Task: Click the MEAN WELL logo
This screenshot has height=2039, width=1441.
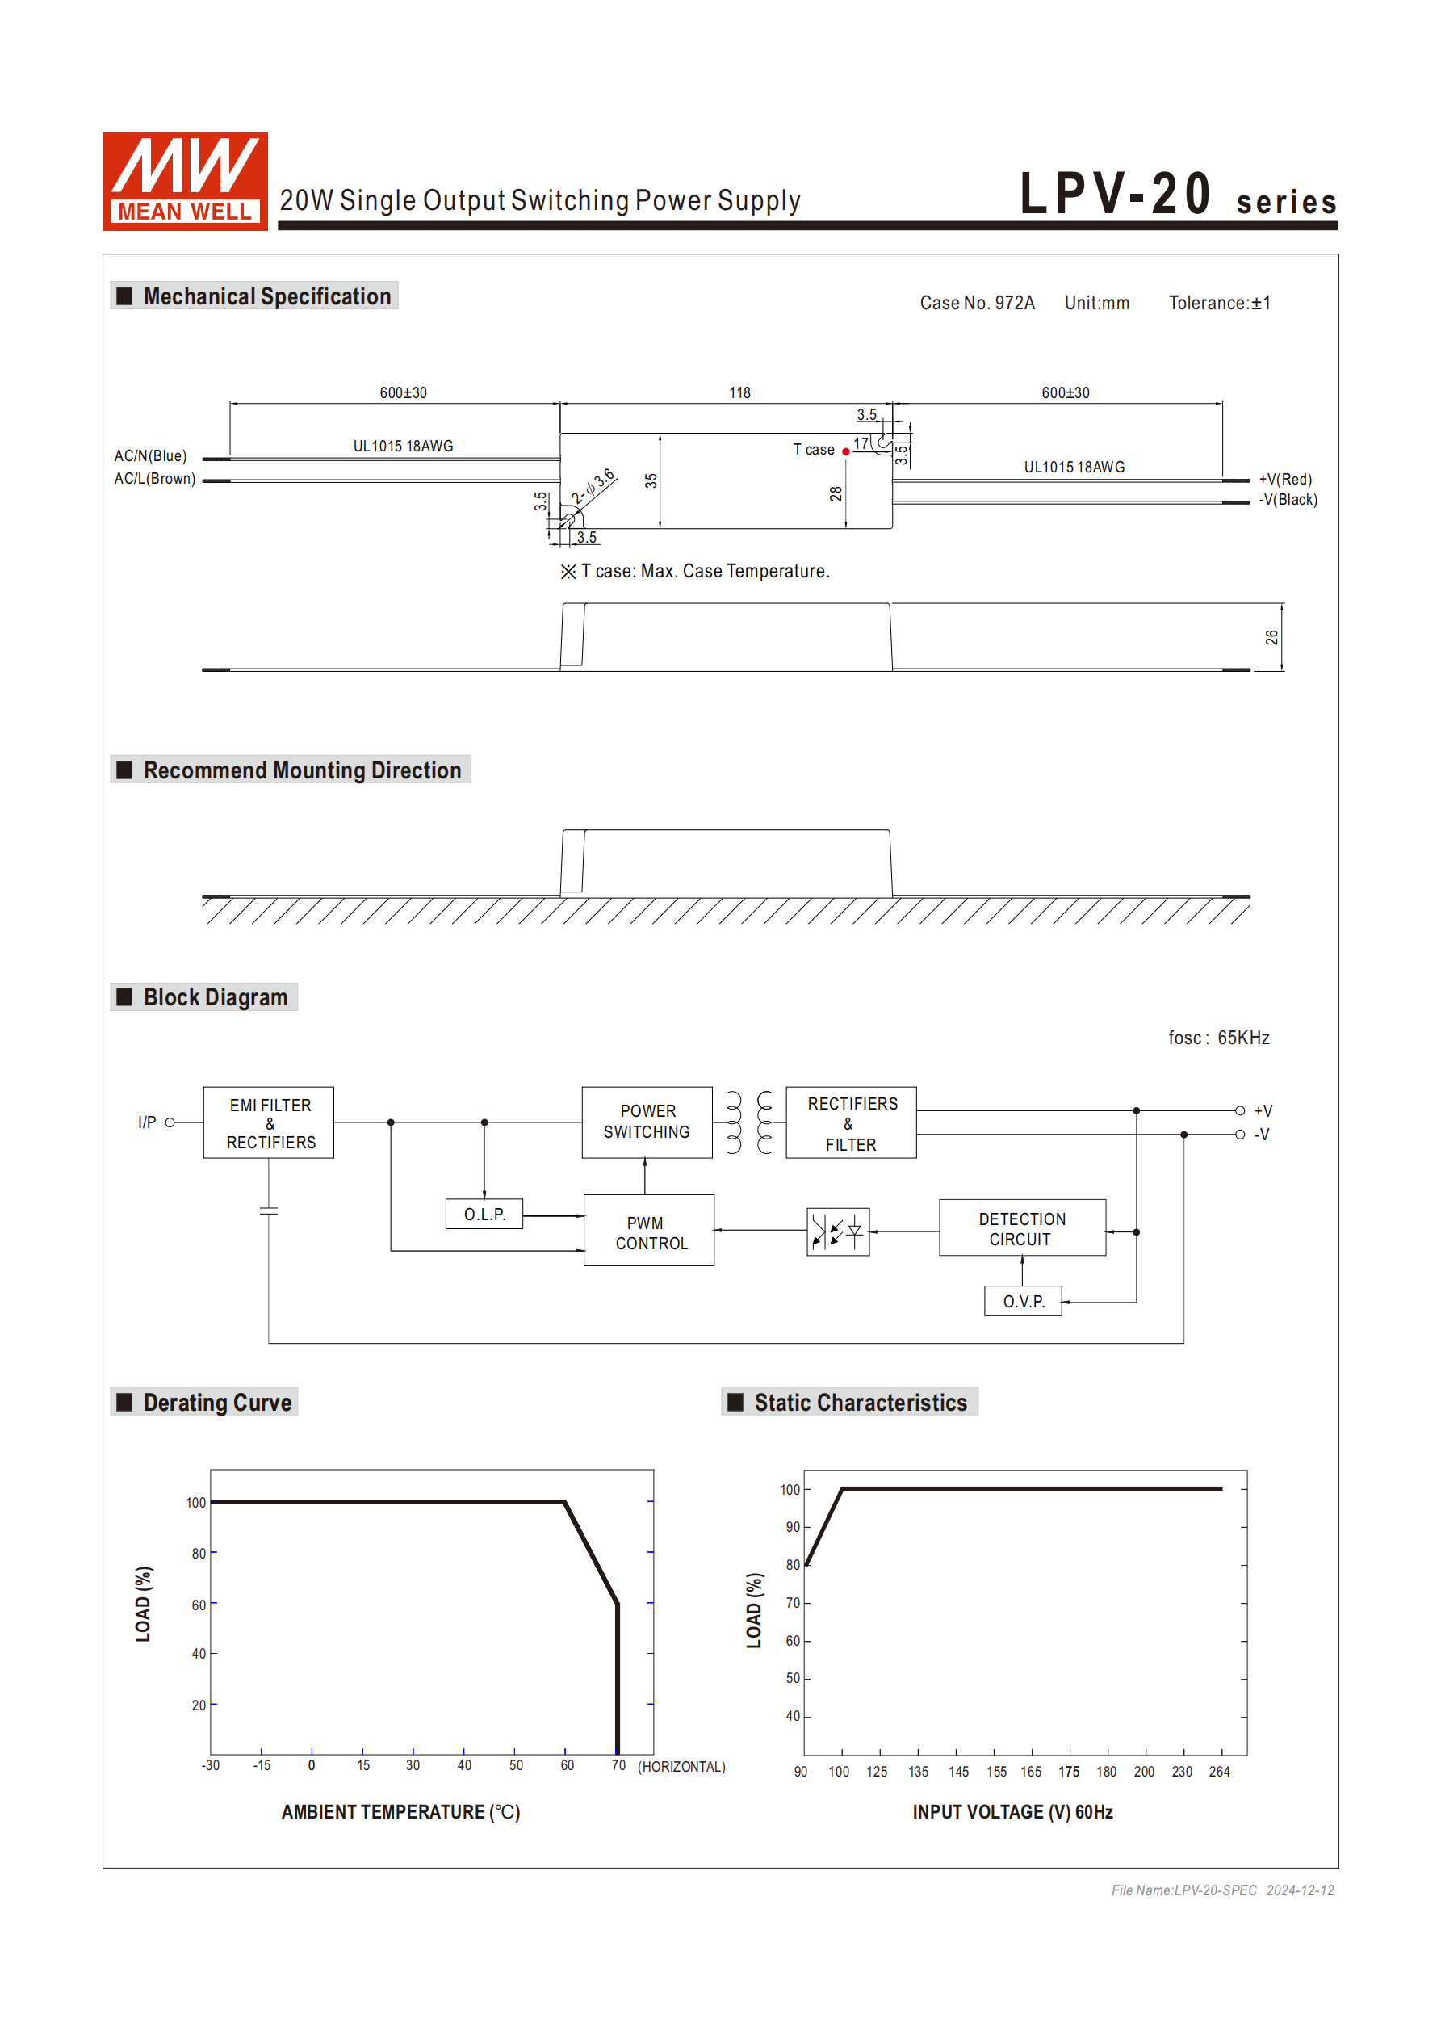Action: pyautogui.click(x=185, y=181)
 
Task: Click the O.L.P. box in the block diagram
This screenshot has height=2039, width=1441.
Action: pyautogui.click(x=484, y=1214)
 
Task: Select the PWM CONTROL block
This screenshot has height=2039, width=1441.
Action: pyautogui.click(x=649, y=1231)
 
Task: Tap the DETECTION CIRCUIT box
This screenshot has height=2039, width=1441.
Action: pyautogui.click(x=1022, y=1228)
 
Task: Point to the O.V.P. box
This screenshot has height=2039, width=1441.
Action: pyautogui.click(x=1023, y=1301)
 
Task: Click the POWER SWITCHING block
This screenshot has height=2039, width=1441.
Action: pyautogui.click(x=647, y=1122)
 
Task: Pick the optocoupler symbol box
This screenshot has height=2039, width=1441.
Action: pyautogui.click(x=837, y=1231)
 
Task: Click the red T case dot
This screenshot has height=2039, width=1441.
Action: pyautogui.click(x=846, y=452)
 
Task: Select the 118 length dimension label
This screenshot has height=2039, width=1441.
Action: pyautogui.click(x=739, y=392)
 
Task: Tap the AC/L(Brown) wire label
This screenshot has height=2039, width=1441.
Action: pyautogui.click(x=154, y=479)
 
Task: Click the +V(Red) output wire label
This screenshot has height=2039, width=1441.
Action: pyautogui.click(x=1284, y=480)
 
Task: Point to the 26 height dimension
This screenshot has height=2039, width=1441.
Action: pyautogui.click(x=1271, y=637)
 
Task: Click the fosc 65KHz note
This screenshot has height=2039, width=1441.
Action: pyautogui.click(x=1218, y=1037)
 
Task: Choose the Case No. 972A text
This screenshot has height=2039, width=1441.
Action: pyautogui.click(x=977, y=303)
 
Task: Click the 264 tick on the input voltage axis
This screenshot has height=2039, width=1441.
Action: pyautogui.click(x=1219, y=1772)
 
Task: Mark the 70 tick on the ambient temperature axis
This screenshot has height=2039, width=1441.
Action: pyautogui.click(x=618, y=1765)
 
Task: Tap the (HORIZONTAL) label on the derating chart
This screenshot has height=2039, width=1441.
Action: pyautogui.click(x=681, y=1766)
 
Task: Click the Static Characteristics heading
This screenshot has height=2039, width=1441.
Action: pyautogui.click(x=860, y=1402)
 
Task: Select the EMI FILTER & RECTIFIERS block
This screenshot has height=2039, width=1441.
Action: pyautogui.click(x=269, y=1122)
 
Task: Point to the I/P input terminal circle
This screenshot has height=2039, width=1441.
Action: pyautogui.click(x=170, y=1122)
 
